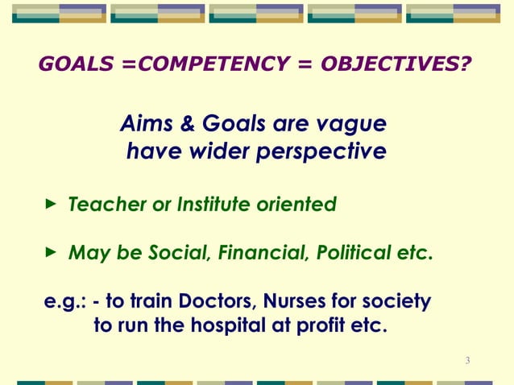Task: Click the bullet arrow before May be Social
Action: [51, 254]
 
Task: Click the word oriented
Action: [300, 205]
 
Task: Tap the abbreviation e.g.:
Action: [64, 303]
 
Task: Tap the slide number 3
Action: [467, 359]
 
